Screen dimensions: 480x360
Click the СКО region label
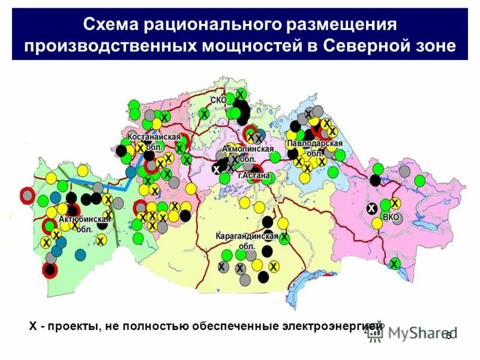(218, 100)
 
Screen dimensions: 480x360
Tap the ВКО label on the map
(391, 217)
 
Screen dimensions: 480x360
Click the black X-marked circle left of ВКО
(372, 209)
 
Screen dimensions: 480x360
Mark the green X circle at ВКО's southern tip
(394, 264)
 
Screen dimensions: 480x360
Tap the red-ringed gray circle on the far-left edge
(27, 195)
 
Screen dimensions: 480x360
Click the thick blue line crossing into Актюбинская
(96, 183)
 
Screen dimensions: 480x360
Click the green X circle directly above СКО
(240, 94)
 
